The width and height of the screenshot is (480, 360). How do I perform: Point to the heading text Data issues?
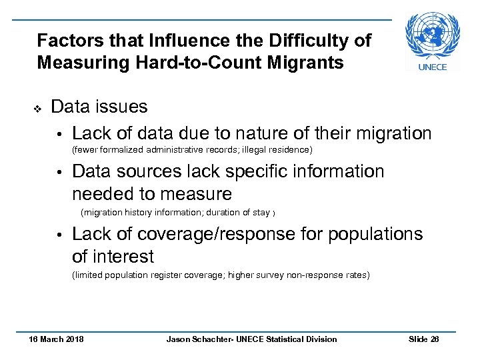click(x=99, y=107)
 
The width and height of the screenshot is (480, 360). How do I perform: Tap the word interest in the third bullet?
click(x=123, y=257)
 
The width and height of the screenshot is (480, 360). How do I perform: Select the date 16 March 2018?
click(x=56, y=339)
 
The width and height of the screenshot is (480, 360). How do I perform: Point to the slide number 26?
click(x=435, y=339)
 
